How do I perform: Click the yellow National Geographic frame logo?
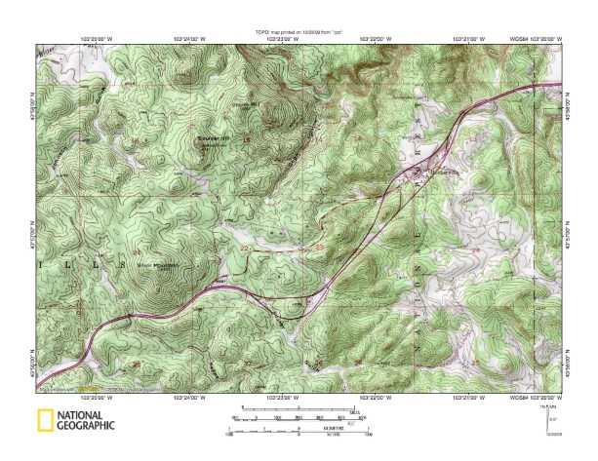pyautogui.click(x=44, y=421)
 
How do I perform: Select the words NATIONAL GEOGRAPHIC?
pyautogui.click(x=86, y=421)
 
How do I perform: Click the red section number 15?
pyautogui.click(x=246, y=140)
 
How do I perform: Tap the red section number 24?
pyautogui.click(x=476, y=250)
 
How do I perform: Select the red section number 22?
pyautogui.click(x=244, y=250)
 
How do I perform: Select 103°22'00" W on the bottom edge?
pyautogui.click(x=377, y=398)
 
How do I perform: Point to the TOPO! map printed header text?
pyautogui.click(x=298, y=32)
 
